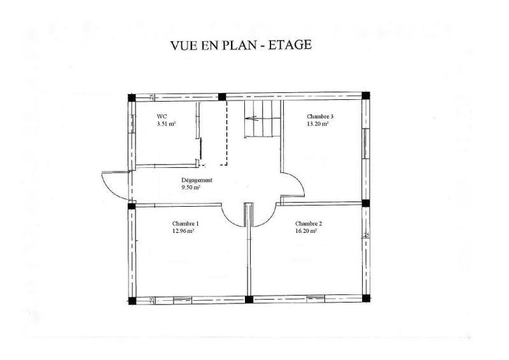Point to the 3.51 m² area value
click(166, 125)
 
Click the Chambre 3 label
click(320, 117)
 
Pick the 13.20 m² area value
click(318, 125)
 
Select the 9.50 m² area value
click(191, 188)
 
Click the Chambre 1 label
click(185, 224)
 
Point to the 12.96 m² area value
click(183, 232)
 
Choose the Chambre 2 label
click(309, 224)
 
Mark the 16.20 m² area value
click(307, 232)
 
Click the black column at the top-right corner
click(365, 97)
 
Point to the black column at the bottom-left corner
click(131, 300)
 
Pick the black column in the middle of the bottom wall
click(249, 299)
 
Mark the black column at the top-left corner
click(131, 97)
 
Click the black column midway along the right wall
click(365, 204)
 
